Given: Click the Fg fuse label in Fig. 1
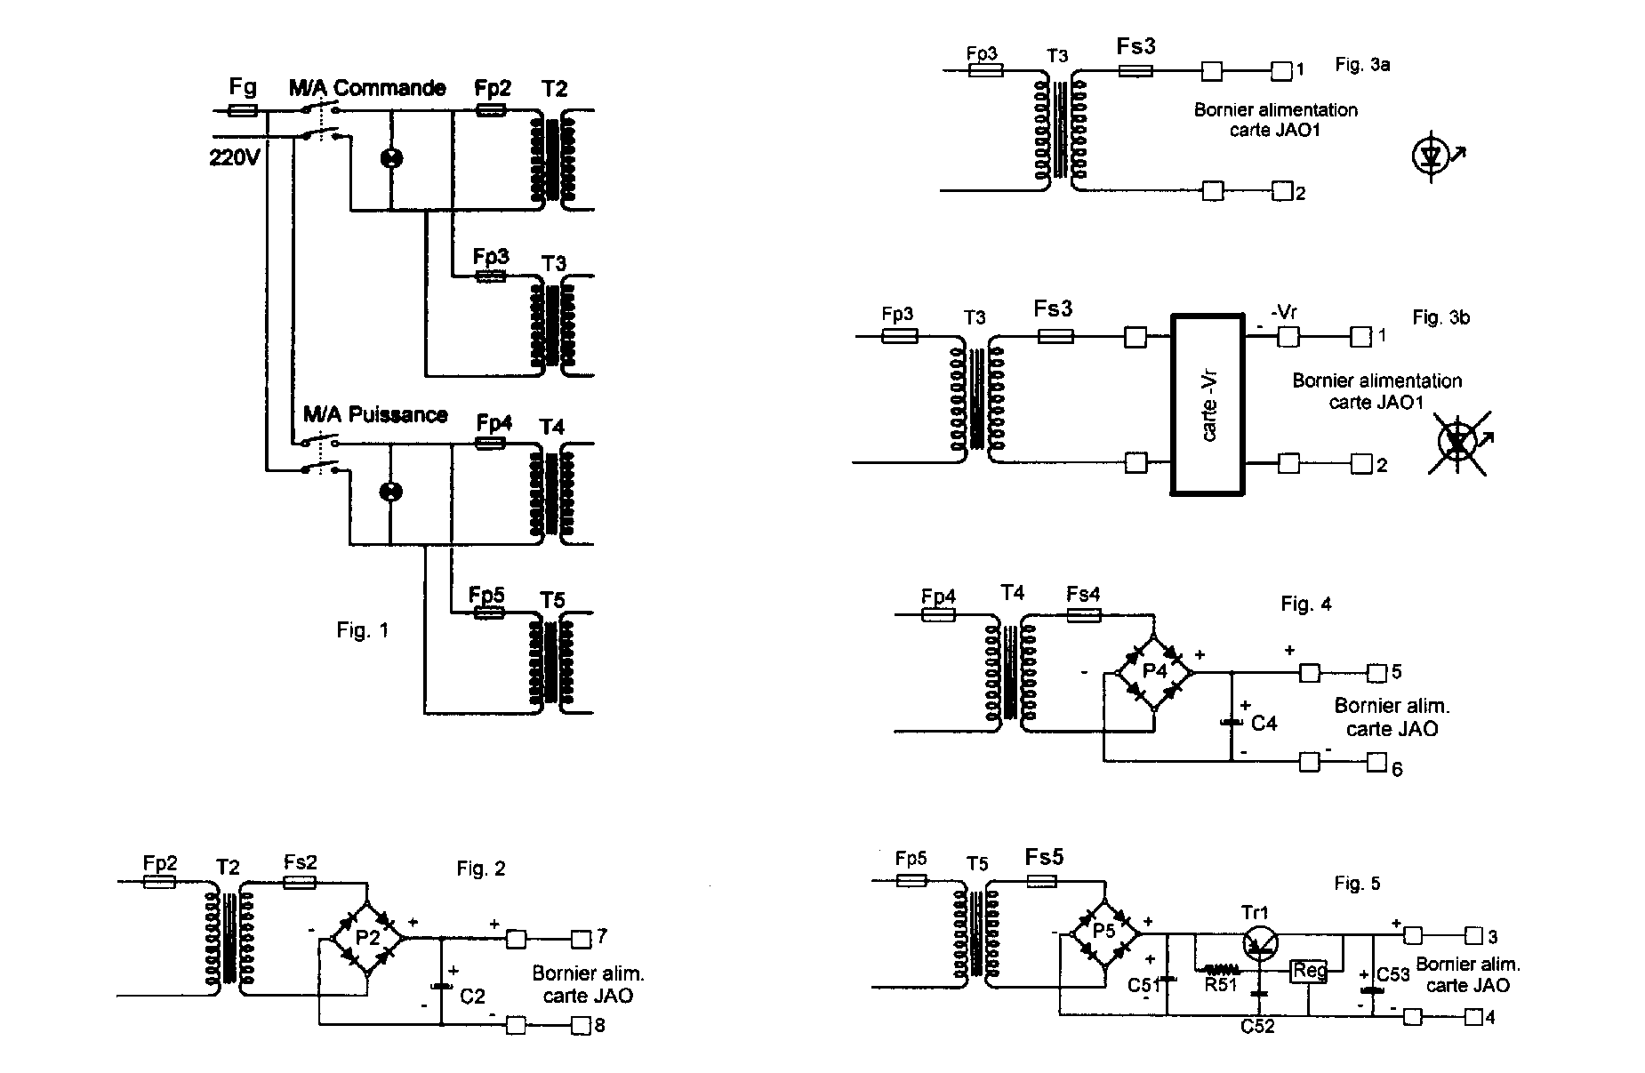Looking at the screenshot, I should [x=243, y=87].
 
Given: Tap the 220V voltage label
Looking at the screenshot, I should [x=234, y=157].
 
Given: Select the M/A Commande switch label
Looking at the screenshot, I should [x=366, y=88].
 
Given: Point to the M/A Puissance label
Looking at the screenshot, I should [x=375, y=415].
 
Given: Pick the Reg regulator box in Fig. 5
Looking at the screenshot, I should [x=1309, y=971].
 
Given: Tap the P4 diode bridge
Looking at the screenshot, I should [x=1154, y=672].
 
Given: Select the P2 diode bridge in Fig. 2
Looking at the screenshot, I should [x=367, y=938].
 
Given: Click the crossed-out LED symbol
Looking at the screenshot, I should [x=1457, y=442].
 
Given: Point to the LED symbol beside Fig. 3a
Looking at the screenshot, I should [x=1431, y=156].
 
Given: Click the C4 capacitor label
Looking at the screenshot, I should [x=1264, y=724].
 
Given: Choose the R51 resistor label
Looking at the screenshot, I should [x=1221, y=984].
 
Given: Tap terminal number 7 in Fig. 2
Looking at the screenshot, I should [x=602, y=936].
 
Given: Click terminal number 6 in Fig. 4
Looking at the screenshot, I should [x=1397, y=769].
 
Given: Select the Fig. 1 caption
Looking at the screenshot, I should [x=362, y=630].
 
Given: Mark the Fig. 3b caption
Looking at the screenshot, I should [x=1440, y=317].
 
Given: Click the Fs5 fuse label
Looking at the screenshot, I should [x=1044, y=857].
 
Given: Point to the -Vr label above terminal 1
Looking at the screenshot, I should [x=1284, y=312].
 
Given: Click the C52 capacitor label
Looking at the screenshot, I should [x=1257, y=1026].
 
